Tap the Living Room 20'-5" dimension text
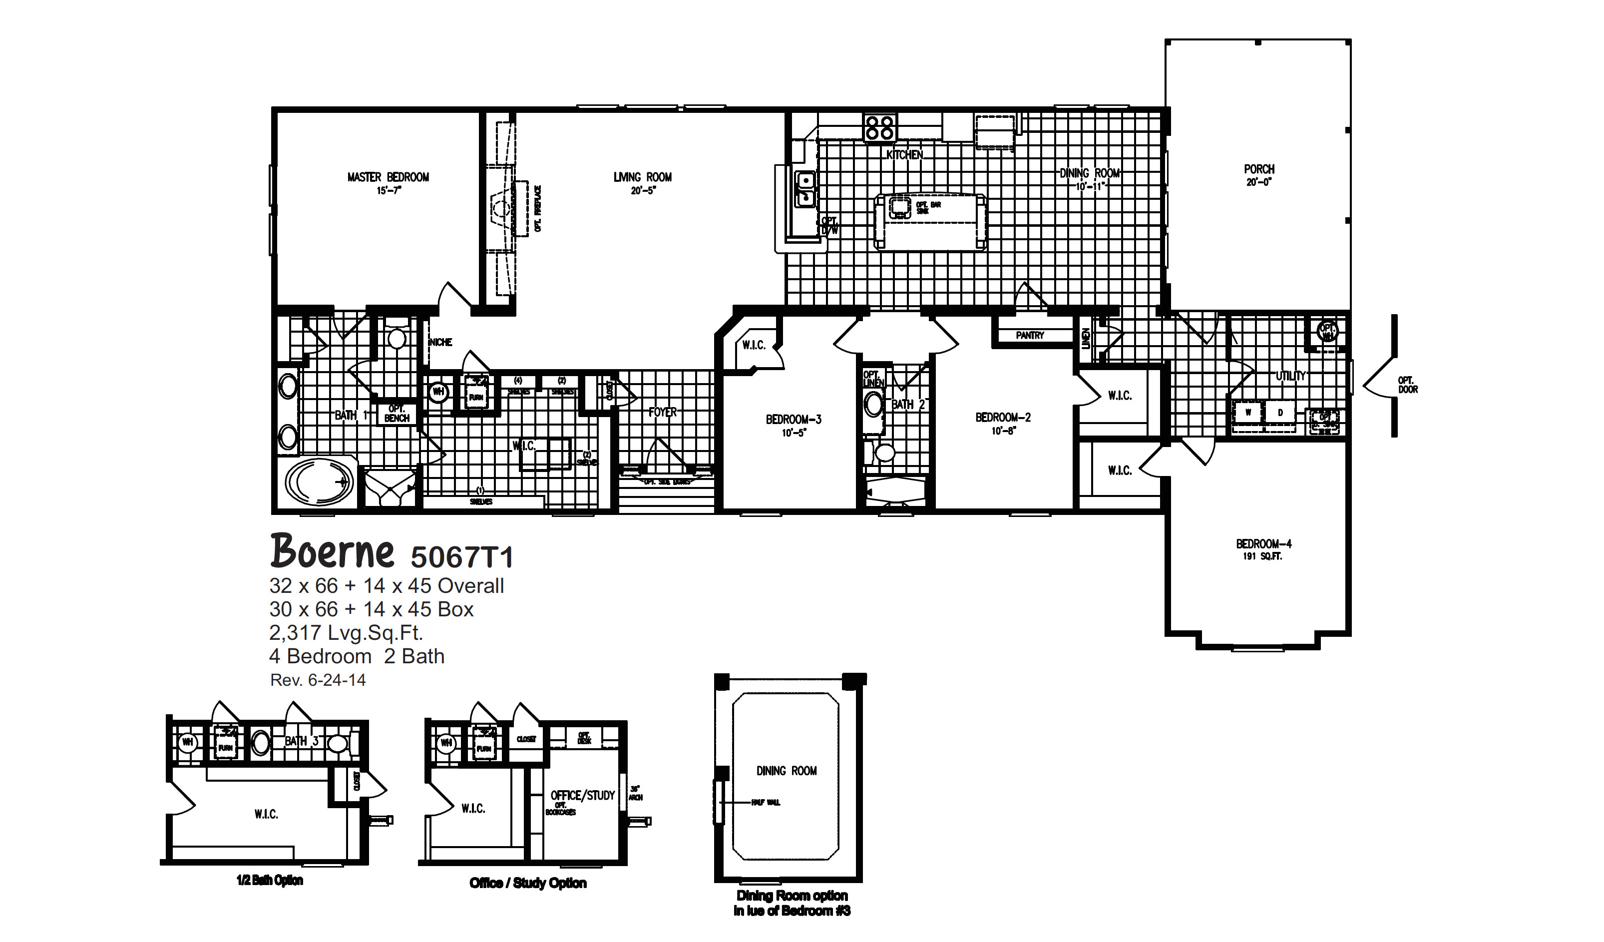[x=642, y=190]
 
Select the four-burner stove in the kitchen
[x=879, y=127]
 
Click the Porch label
[x=1259, y=169]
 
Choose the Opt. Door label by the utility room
[x=1407, y=385]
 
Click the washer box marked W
[x=1248, y=413]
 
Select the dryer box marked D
[x=1280, y=413]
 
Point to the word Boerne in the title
[x=332, y=551]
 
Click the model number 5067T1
[x=461, y=557]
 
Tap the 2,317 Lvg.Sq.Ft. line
[x=346, y=633]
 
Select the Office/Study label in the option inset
[x=582, y=796]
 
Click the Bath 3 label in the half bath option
[x=296, y=741]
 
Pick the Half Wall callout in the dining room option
[x=765, y=803]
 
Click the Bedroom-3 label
[x=793, y=420]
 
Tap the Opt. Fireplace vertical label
[x=538, y=209]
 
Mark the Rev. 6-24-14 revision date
[x=318, y=680]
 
